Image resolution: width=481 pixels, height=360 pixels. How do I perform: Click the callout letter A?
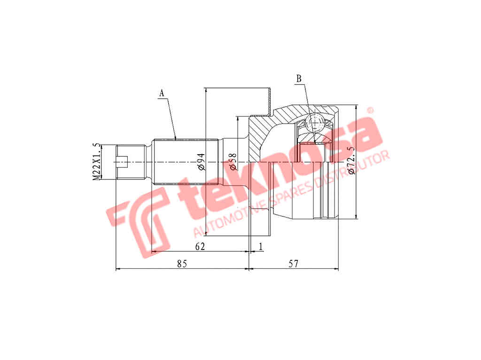tap(162, 94)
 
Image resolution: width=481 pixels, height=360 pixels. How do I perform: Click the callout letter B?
tap(298, 78)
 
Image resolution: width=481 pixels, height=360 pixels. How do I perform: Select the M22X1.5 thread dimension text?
tap(97, 162)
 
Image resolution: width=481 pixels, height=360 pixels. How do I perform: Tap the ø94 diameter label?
tap(201, 162)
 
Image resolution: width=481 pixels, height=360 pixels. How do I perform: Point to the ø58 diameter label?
tap(233, 162)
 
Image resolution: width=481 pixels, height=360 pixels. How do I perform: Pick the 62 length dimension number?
tap(200, 246)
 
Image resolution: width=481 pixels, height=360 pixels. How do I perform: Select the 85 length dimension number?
tap(182, 263)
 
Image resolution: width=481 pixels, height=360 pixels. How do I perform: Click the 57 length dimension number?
tap(293, 263)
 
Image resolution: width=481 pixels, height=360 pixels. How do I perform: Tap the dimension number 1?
tap(261, 246)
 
